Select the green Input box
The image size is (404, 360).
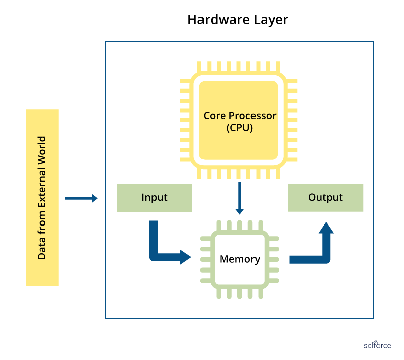point(154,197)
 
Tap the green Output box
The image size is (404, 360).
point(325,197)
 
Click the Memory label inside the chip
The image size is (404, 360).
point(240,259)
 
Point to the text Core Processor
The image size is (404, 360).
point(240,116)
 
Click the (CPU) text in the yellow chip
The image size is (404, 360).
point(240,128)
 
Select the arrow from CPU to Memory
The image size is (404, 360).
point(240,197)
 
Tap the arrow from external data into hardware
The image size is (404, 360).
point(81,198)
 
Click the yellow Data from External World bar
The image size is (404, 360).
point(42,198)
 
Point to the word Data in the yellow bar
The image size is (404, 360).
point(42,249)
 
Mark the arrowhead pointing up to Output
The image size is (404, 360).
point(326,228)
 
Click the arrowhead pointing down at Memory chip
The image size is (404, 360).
point(240,210)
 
